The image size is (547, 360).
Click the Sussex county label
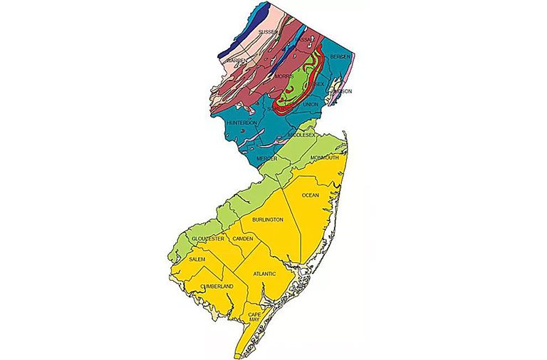[x=268, y=33]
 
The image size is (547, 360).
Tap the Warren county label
[x=237, y=61]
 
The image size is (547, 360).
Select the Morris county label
[x=284, y=76]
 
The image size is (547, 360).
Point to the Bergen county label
[x=341, y=56]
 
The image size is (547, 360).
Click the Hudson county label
[x=342, y=91]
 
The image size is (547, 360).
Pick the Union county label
[x=311, y=105]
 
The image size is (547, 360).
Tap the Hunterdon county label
[x=241, y=123]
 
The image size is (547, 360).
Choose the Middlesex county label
[x=301, y=134]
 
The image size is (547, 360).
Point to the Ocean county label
[x=311, y=195]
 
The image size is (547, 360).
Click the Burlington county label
[x=268, y=220]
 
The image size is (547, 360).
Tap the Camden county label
[x=243, y=238]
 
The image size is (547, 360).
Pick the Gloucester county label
[x=208, y=238]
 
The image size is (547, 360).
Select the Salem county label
[x=197, y=259]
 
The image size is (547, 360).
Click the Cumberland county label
[x=216, y=286]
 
